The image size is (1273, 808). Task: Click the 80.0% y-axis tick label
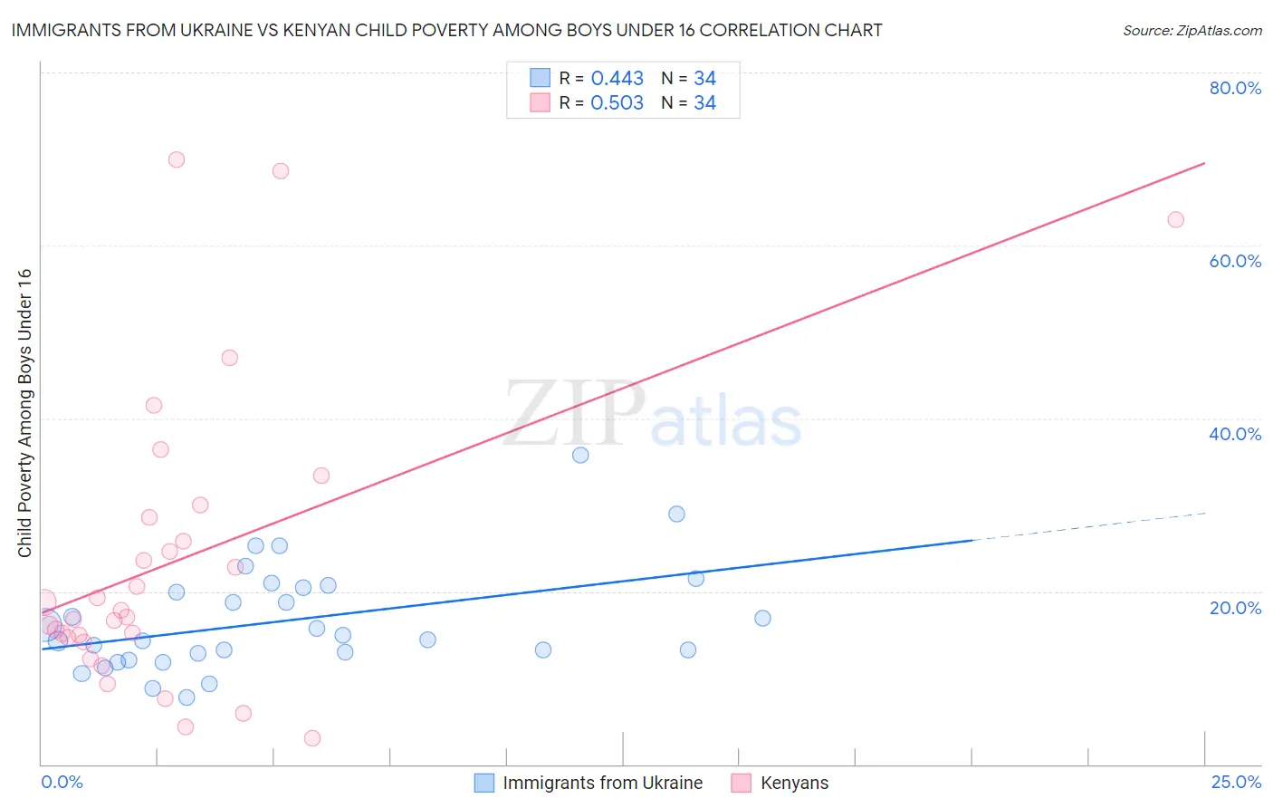pyautogui.click(x=1235, y=88)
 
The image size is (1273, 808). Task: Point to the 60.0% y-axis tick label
pyautogui.click(x=1235, y=261)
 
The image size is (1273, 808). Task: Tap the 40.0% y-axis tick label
pyautogui.click(x=1235, y=434)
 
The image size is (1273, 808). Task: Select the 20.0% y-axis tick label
pyautogui.click(x=1235, y=608)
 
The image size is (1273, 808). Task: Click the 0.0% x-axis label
pyautogui.click(x=62, y=782)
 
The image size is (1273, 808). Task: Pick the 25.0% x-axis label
pyautogui.click(x=1236, y=782)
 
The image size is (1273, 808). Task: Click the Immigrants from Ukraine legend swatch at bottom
pyautogui.click(x=484, y=783)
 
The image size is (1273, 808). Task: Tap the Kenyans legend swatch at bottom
pyautogui.click(x=742, y=783)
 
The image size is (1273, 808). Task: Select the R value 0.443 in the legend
pyautogui.click(x=617, y=79)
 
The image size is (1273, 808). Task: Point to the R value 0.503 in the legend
pyautogui.click(x=617, y=103)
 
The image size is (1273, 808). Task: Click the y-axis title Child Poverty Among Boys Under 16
pyautogui.click(x=24, y=413)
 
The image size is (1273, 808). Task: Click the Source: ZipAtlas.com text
pyautogui.click(x=1192, y=31)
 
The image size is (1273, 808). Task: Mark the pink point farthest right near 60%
pyautogui.click(x=1175, y=219)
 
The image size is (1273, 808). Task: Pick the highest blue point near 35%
pyautogui.click(x=580, y=455)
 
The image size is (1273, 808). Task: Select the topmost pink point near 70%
pyautogui.click(x=177, y=159)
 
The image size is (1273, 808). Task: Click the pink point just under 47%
pyautogui.click(x=230, y=358)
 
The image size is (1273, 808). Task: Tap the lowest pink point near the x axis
pyautogui.click(x=312, y=738)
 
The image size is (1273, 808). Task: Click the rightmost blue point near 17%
pyautogui.click(x=762, y=618)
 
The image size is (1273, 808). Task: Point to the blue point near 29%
pyautogui.click(x=676, y=514)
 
